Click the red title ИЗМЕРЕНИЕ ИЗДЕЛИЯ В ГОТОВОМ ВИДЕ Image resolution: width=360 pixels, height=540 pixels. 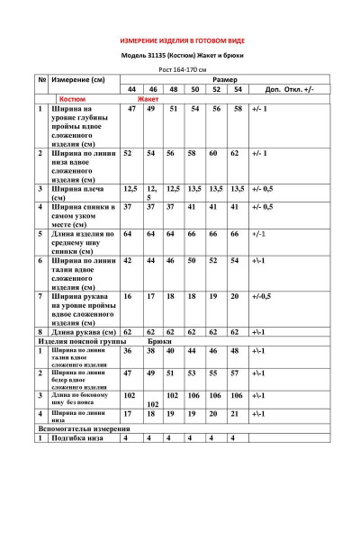click(x=181, y=41)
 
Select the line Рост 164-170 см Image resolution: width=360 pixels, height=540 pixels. click(x=182, y=69)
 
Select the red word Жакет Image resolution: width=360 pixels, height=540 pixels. click(x=148, y=99)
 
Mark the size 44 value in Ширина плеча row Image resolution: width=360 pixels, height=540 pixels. click(x=130, y=189)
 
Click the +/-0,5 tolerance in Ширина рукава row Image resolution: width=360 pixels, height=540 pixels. click(x=262, y=295)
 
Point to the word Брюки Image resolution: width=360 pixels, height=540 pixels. click(x=158, y=342)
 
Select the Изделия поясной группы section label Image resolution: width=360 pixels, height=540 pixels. click(x=76, y=342)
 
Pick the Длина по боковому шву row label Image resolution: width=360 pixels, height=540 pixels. click(x=79, y=399)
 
